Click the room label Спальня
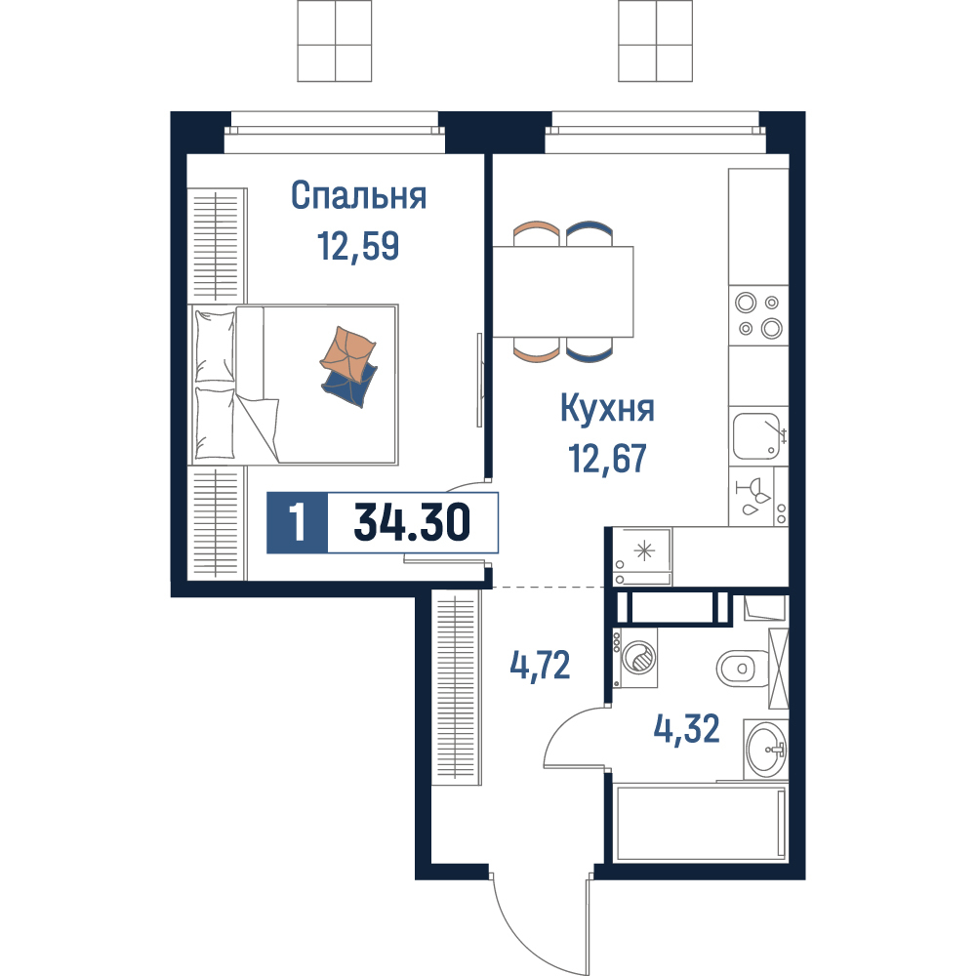point(358,195)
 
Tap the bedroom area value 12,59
point(358,246)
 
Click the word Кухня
point(607,409)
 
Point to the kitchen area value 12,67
point(607,459)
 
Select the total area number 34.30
point(412,522)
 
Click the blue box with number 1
point(297,522)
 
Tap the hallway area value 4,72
point(540,666)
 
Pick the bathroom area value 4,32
point(686,729)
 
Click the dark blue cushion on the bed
point(349,386)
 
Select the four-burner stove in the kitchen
point(758,315)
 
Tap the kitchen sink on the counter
point(757,435)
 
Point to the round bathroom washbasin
point(766,750)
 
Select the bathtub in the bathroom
point(700,823)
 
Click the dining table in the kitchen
point(563,291)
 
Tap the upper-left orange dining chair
point(537,233)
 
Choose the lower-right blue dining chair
point(590,349)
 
